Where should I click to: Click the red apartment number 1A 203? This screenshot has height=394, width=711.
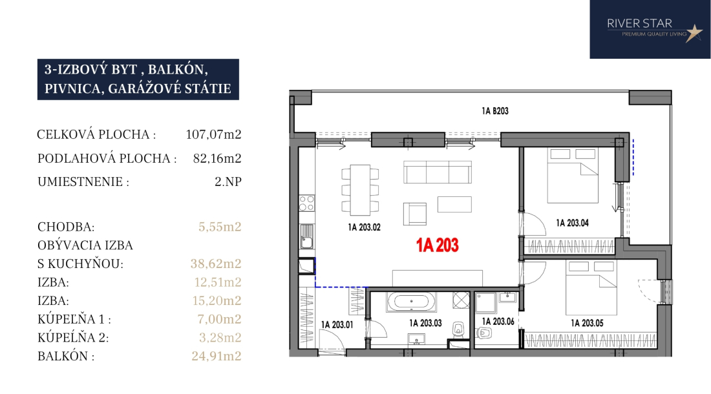(x=438, y=245)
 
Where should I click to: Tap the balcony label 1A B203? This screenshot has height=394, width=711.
(x=494, y=111)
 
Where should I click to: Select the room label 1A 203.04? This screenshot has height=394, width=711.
(x=572, y=223)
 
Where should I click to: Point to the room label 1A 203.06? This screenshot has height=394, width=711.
(x=498, y=322)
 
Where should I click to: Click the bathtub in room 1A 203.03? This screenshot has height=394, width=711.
(x=411, y=302)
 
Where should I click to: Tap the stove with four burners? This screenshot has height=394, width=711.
(x=306, y=203)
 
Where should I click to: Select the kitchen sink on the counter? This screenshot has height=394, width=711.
(x=306, y=237)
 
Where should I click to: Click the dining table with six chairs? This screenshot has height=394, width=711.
(x=361, y=190)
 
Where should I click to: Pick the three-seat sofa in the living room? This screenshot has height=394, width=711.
(x=438, y=172)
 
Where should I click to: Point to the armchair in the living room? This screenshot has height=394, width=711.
(x=414, y=214)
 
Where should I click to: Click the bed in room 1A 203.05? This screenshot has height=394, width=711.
(x=591, y=287)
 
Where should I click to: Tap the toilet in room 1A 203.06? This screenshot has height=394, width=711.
(x=484, y=333)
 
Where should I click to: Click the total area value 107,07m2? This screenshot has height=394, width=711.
(x=213, y=134)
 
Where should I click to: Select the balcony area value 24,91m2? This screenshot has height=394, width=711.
(x=217, y=356)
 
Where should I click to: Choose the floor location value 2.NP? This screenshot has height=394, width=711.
(x=228, y=181)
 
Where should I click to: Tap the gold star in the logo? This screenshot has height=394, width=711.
(x=694, y=33)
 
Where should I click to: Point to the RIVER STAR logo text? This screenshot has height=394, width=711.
(x=639, y=23)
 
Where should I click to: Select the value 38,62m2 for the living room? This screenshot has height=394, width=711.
(x=216, y=264)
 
